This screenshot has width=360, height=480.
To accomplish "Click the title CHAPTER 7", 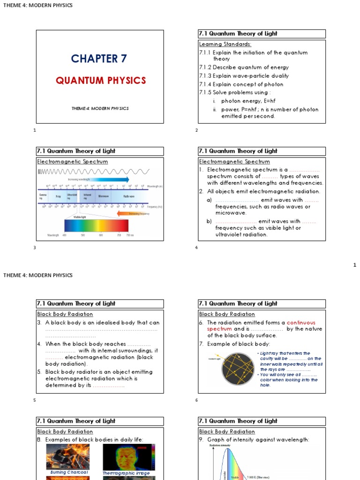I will coord(99,59).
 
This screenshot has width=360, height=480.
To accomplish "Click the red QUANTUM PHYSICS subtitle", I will coord(101,81).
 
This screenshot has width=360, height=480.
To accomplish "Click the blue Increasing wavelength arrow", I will coord(99,179).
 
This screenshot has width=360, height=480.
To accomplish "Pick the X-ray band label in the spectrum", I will coord(58,197).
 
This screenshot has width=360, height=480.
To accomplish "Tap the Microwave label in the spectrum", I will coord(103,197).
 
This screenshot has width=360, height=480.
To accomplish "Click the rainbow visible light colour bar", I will coord(96,225).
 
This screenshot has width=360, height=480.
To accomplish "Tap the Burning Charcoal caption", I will coord(69,472).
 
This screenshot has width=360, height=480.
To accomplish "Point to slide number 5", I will coord(34,400).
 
